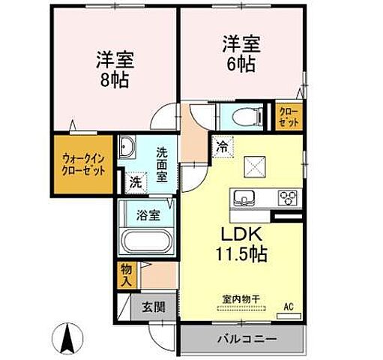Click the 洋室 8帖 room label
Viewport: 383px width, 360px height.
pyautogui.click(x=110, y=67)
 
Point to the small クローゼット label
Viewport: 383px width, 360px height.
pyautogui.click(x=289, y=118)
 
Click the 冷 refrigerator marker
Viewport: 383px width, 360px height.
pyautogui.click(x=222, y=146)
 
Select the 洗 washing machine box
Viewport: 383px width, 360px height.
pyautogui.click(x=135, y=181)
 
